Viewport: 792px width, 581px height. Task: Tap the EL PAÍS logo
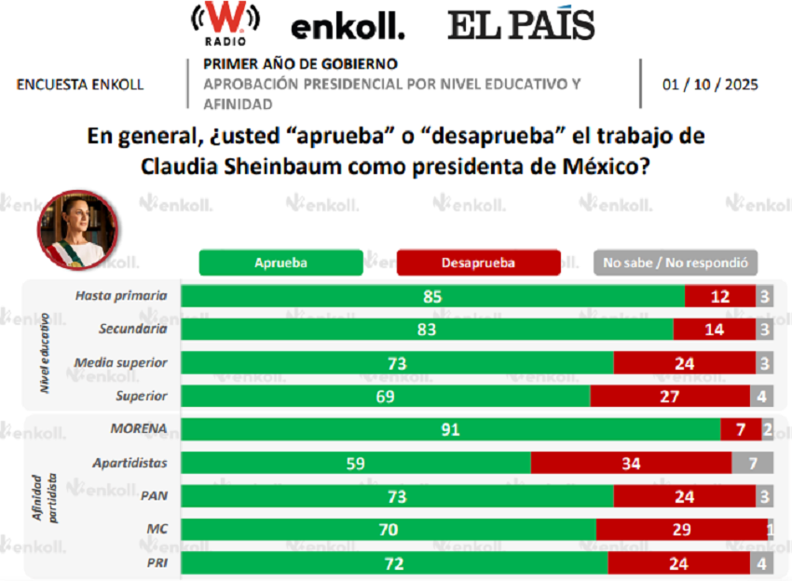tap(521, 25)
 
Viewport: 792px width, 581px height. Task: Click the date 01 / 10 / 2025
tap(710, 84)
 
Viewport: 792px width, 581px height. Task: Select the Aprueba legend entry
tap(280, 263)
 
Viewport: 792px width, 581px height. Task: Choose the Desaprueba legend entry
tap(478, 263)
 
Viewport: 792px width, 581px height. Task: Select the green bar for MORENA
tap(450, 429)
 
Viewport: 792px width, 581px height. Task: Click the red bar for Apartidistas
tap(631, 463)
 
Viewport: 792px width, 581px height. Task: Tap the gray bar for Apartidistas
tap(752, 463)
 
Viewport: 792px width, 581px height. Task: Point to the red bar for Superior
tap(669, 396)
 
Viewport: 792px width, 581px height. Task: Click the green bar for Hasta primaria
tap(432, 297)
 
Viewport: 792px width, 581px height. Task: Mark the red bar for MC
tap(681, 529)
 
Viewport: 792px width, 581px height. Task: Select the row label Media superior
tap(121, 362)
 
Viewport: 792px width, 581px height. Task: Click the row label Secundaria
tap(133, 329)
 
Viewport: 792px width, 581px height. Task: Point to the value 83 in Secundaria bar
tap(428, 330)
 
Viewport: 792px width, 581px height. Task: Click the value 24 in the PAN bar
tap(683, 496)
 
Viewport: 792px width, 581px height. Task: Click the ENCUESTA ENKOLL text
tap(80, 84)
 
